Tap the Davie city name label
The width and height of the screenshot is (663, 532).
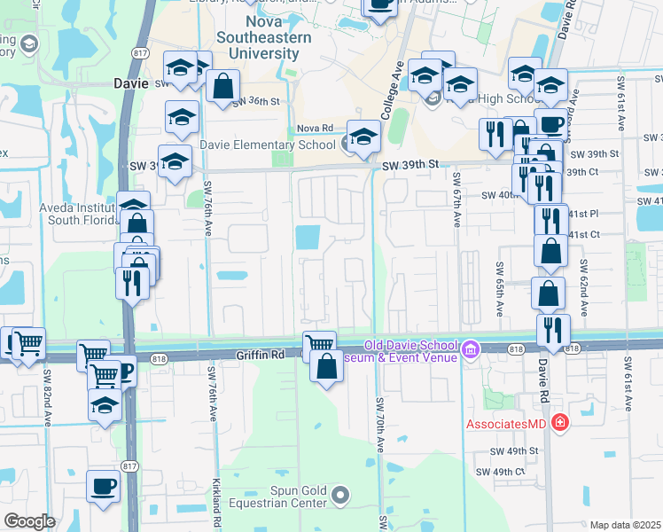click(132, 84)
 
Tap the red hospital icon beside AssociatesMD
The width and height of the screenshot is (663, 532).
click(558, 422)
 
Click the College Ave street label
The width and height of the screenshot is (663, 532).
click(392, 90)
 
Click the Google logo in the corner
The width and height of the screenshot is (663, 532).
click(29, 520)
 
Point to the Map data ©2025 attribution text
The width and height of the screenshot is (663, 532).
click(626, 525)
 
